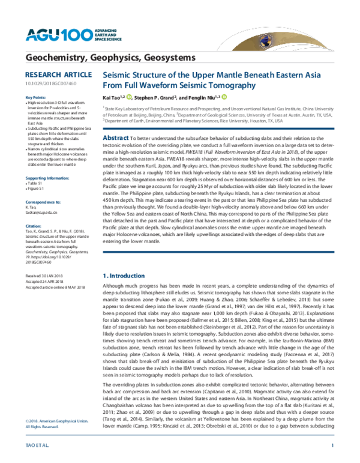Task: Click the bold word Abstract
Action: (x=100, y=137)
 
